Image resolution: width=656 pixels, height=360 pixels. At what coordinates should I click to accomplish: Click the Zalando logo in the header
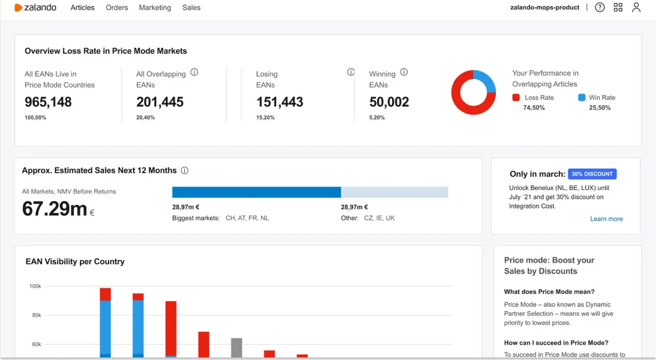(35, 8)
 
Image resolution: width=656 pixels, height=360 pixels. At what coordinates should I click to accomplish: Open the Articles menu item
(82, 8)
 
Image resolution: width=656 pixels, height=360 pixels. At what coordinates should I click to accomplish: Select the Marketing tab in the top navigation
(155, 8)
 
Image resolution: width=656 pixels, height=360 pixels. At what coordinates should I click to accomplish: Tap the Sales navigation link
(191, 8)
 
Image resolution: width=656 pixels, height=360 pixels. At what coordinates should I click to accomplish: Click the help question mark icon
(599, 7)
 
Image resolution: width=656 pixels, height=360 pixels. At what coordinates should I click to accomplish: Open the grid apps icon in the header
(618, 7)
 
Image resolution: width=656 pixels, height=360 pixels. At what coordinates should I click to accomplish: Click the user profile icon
(636, 7)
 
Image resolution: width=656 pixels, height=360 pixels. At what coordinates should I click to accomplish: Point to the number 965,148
(48, 102)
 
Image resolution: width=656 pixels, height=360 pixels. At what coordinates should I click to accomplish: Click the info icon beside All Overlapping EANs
(194, 72)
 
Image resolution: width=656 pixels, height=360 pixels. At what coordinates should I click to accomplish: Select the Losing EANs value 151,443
(280, 102)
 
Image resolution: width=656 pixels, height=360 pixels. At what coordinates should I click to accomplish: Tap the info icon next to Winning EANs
(404, 72)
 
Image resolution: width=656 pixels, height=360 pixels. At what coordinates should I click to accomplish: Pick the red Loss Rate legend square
(516, 97)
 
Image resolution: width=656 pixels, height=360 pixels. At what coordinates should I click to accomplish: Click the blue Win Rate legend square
(581, 97)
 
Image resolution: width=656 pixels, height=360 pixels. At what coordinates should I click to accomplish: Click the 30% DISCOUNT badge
(592, 174)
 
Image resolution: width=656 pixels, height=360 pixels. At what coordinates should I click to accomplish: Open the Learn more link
(607, 219)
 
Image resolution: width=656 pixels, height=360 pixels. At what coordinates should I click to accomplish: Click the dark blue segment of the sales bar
(256, 193)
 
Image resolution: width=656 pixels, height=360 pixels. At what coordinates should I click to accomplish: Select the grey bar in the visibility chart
(237, 348)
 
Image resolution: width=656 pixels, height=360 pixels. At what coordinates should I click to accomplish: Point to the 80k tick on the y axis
(36, 315)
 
